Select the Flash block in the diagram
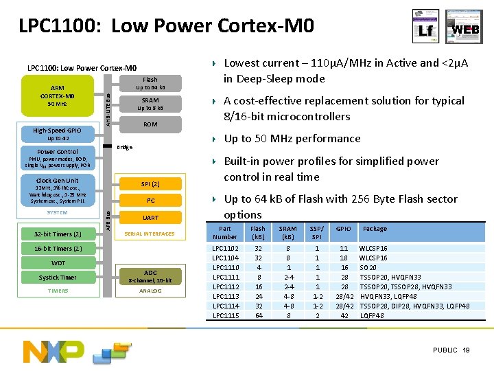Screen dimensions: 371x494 pyautogui.click(x=150, y=83)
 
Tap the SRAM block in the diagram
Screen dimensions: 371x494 pyautogui.click(x=150, y=104)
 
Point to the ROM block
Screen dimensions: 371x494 pyautogui.click(x=150, y=125)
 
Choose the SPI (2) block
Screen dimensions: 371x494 pyautogui.click(x=150, y=184)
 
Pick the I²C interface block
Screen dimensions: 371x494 pyautogui.click(x=150, y=201)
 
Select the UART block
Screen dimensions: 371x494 pyautogui.click(x=150, y=218)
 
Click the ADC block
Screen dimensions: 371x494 pyautogui.click(x=150, y=276)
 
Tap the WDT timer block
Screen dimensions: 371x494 pyautogui.click(x=58, y=263)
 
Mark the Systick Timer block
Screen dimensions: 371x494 pyautogui.click(x=58, y=278)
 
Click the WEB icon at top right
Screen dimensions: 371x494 pyautogui.click(x=464, y=27)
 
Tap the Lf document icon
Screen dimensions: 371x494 pyautogui.click(x=425, y=27)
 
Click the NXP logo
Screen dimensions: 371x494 pyautogui.click(x=55, y=351)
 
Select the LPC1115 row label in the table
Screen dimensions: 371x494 pyautogui.click(x=226, y=315)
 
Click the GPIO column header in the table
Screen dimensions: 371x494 pyautogui.click(x=343, y=229)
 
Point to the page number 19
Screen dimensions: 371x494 pyautogui.click(x=467, y=350)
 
